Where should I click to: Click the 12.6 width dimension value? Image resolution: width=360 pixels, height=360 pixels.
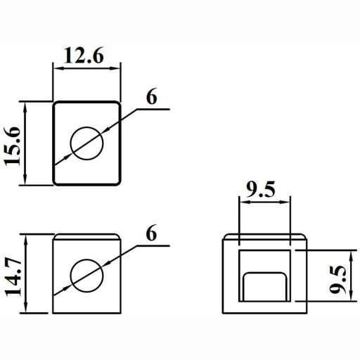click(87, 55)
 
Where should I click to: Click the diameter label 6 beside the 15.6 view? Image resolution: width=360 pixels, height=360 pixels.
click(150, 97)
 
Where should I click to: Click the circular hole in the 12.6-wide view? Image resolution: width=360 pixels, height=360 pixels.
click(87, 143)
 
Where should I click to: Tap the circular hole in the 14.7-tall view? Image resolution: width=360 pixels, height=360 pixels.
click(87, 274)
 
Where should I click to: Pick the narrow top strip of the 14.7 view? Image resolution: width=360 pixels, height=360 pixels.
click(87, 236)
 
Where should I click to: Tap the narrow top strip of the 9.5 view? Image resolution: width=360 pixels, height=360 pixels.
click(264, 236)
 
